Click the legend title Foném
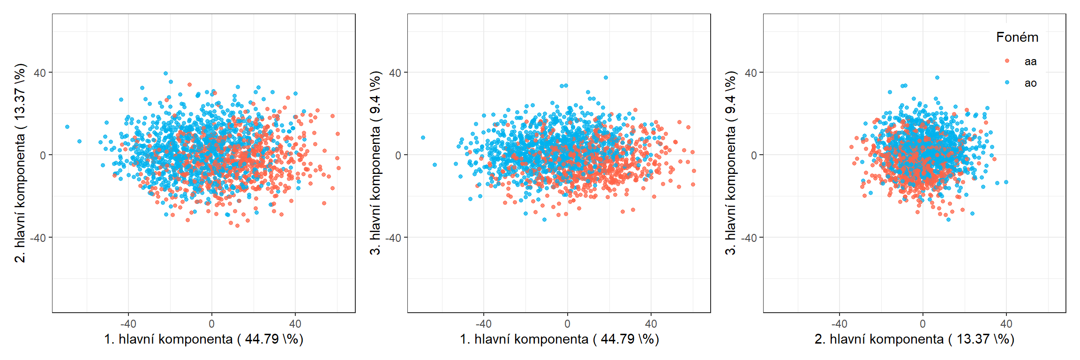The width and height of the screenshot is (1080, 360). (x=1017, y=37)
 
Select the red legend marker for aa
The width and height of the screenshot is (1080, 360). (x=1007, y=61)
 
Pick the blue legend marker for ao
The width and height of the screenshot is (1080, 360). (x=1007, y=82)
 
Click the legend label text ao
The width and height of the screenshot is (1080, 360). (x=1030, y=83)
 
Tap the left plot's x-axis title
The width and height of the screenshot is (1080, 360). (x=203, y=339)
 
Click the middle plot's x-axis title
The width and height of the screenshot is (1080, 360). (x=559, y=339)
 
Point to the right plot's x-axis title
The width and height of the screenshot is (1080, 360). (x=914, y=339)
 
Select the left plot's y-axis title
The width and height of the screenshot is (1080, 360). (x=20, y=163)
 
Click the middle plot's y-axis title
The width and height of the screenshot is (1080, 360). (x=375, y=163)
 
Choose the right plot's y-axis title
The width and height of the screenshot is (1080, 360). (x=731, y=163)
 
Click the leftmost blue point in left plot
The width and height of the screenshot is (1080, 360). (x=67, y=127)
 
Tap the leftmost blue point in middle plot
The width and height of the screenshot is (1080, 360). (x=423, y=138)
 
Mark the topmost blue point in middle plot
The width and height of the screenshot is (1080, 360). (x=606, y=78)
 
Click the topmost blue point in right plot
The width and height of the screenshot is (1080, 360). (x=937, y=78)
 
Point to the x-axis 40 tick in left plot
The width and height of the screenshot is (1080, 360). (x=295, y=323)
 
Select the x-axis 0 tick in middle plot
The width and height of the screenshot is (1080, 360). (x=567, y=323)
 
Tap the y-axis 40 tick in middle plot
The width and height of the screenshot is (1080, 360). (x=395, y=73)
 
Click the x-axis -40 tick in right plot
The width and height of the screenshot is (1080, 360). (x=839, y=323)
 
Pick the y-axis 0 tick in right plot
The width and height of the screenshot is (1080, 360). (x=754, y=155)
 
